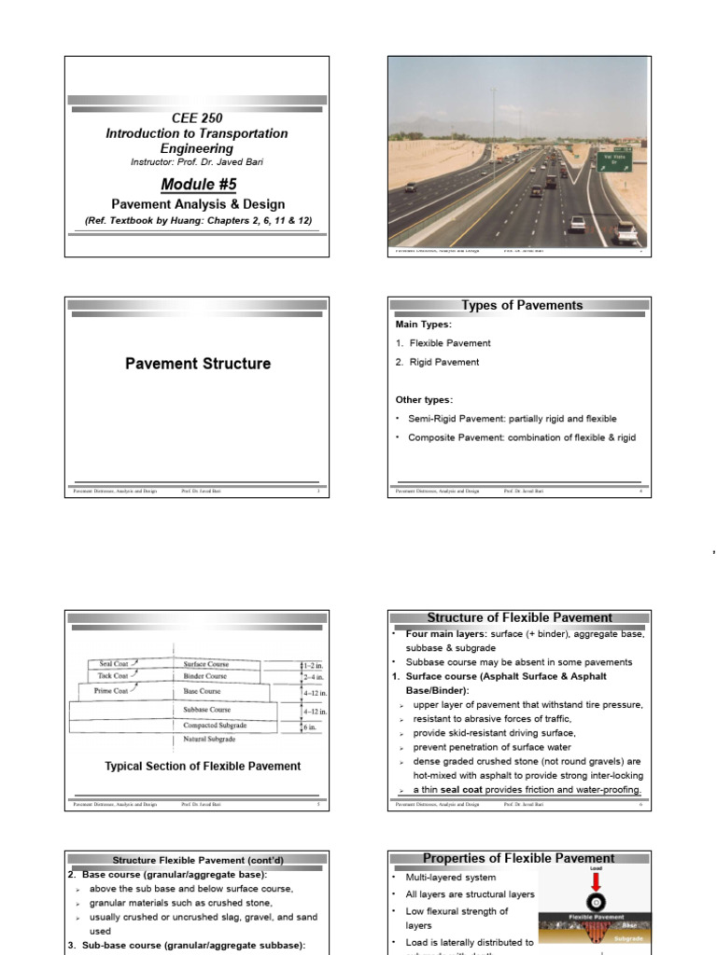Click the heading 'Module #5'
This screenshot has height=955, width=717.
[x=196, y=185]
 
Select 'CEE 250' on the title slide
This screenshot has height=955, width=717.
[x=197, y=118]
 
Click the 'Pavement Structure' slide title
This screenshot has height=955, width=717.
[x=198, y=364]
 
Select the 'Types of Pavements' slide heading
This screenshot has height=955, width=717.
[x=522, y=306]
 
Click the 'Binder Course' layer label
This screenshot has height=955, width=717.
[x=205, y=676]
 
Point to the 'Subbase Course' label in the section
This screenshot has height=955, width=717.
[x=208, y=710]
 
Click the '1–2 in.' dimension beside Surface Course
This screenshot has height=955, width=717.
[x=315, y=665]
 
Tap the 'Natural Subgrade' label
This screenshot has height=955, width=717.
[x=208, y=740]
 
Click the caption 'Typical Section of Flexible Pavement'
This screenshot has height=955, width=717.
[x=203, y=767]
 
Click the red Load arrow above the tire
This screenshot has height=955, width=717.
[x=595, y=879]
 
